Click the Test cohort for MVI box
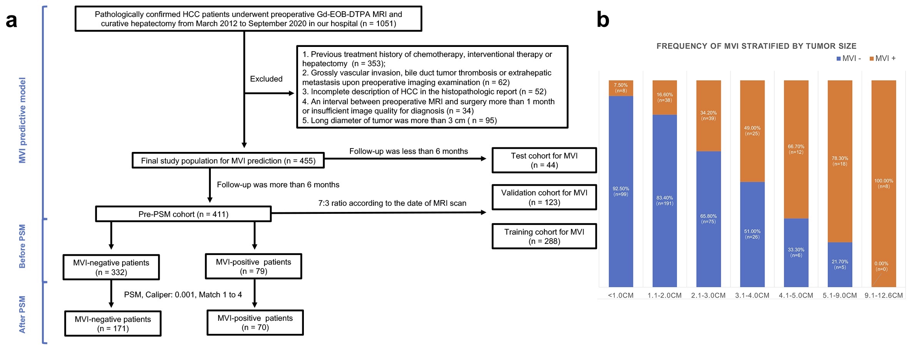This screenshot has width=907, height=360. point(544,160)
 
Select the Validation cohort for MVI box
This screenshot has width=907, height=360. point(544,197)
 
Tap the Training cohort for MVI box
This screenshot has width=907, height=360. point(544,236)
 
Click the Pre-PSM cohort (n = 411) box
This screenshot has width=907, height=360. point(183,214)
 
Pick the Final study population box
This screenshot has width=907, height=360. point(228,160)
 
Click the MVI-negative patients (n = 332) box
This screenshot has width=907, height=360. point(111,267)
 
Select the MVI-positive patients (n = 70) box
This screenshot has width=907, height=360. point(255,323)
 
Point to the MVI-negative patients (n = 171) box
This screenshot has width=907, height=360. point(113,324)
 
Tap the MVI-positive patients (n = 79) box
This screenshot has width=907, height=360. point(253,266)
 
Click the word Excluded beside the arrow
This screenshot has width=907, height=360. point(266,79)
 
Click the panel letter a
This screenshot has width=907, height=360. point(12,20)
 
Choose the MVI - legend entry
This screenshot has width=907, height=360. point(849,58)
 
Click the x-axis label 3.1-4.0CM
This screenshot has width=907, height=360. point(752,295)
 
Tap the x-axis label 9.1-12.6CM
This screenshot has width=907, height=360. point(884,295)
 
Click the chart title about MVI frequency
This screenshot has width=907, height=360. point(756,46)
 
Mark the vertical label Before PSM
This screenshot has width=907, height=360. point(22,246)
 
